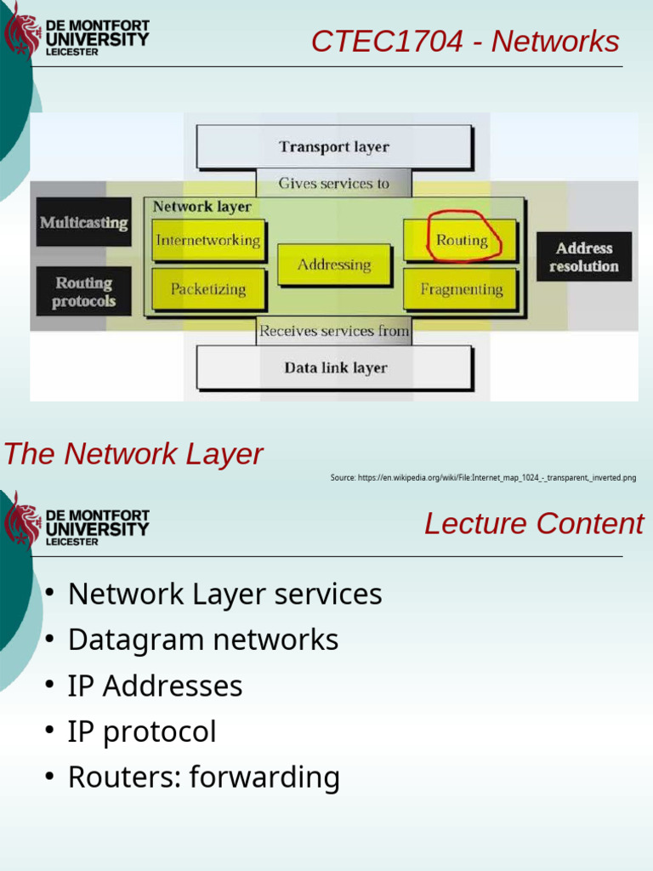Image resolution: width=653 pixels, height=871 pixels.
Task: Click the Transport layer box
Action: (x=334, y=147)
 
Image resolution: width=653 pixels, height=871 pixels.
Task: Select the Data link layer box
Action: (x=334, y=368)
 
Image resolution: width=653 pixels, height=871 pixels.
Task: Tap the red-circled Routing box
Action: (x=461, y=241)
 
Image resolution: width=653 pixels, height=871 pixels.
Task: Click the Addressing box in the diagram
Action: (x=334, y=265)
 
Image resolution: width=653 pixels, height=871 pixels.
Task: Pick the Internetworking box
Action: (x=207, y=241)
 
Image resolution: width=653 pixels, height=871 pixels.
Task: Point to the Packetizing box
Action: (x=207, y=289)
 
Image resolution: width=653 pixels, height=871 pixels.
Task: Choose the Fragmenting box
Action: (x=461, y=289)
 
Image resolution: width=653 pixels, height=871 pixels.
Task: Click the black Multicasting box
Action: (x=83, y=223)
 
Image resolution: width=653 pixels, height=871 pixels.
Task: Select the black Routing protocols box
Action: (x=83, y=292)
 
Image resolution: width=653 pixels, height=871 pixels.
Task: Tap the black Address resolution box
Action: (x=583, y=257)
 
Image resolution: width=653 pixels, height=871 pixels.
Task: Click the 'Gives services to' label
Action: (x=334, y=184)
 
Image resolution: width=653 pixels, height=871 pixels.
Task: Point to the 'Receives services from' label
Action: (x=334, y=331)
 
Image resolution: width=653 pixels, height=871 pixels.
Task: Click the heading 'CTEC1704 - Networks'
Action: (x=465, y=41)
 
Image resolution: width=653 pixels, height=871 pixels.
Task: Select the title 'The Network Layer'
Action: (x=133, y=454)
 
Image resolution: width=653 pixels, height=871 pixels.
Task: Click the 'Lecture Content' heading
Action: (x=533, y=524)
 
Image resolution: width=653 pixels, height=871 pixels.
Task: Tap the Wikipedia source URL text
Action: (x=483, y=478)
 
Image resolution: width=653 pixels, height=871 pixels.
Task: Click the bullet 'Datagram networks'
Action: (x=202, y=640)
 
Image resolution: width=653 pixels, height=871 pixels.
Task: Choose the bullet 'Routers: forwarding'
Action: (x=203, y=777)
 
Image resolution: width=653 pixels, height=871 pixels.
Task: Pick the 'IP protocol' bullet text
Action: (x=142, y=732)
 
